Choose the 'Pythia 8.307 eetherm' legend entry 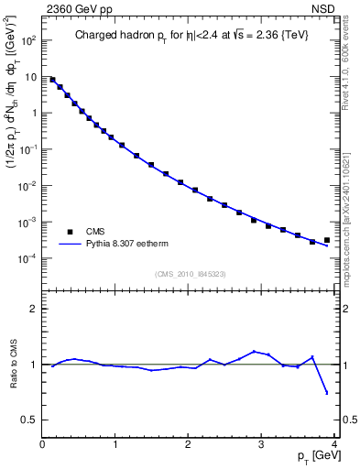coord(121,245)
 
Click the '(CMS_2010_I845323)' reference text coord(191,274)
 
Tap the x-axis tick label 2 coord(189,445)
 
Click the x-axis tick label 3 coord(262,445)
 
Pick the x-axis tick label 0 coord(42,445)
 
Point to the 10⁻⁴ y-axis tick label coord(27,258)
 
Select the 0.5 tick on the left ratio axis coord(29,420)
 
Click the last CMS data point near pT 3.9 coord(327,240)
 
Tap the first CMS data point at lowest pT coord(52,80)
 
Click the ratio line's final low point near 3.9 coord(327,393)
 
